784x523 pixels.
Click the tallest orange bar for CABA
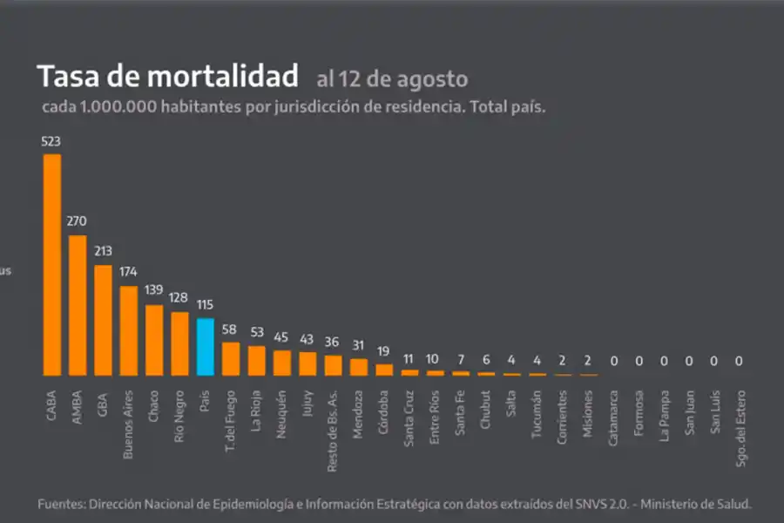(x=52, y=265)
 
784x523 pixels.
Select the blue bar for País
(x=206, y=347)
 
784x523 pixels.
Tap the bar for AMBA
(x=78, y=305)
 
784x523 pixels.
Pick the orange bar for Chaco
(x=154, y=340)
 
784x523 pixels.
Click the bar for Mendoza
(x=359, y=367)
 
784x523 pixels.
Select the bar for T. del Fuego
(x=231, y=358)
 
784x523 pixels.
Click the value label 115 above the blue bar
(x=206, y=305)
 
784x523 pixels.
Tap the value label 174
(x=129, y=272)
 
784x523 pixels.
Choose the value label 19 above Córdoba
(x=384, y=351)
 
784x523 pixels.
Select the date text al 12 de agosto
(x=392, y=79)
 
